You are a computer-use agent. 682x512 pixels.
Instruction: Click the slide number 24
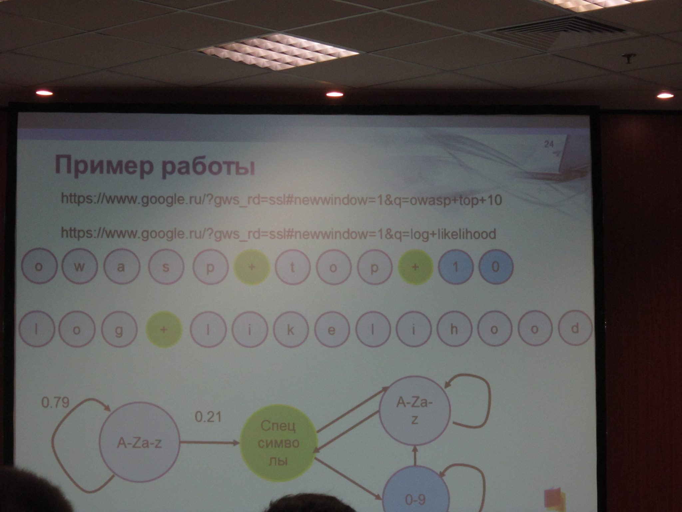coord(549,144)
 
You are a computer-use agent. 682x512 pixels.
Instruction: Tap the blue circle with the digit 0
coord(496,267)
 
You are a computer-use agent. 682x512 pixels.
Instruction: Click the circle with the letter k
coord(290,329)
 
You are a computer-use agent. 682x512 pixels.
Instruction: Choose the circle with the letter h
coord(454,329)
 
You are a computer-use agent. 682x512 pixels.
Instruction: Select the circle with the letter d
coord(575,329)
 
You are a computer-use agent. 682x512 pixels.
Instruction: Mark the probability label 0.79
coord(55,403)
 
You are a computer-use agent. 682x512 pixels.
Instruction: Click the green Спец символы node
coord(278,443)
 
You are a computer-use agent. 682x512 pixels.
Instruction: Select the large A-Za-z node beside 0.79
coord(139,443)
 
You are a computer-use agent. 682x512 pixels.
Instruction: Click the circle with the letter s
coord(166,268)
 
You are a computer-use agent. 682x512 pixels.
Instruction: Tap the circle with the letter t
coord(293,267)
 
